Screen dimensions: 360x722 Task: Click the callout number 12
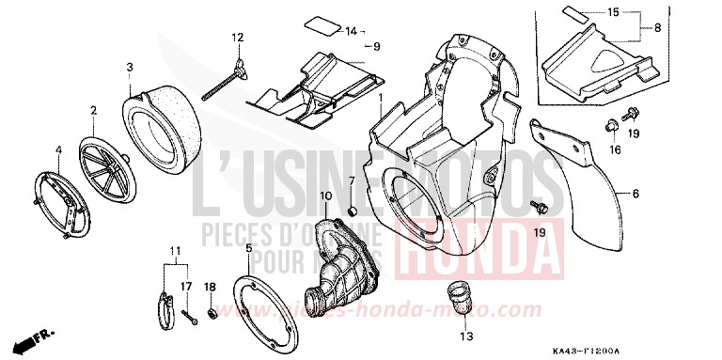coord(238,38)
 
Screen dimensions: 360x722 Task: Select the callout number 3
coord(130,67)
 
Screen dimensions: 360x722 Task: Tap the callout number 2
coord(94,111)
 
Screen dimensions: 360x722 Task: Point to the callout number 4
coord(58,149)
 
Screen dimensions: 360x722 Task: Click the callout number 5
coord(248,248)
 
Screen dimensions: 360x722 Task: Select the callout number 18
coord(211,286)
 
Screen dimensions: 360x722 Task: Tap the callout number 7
coord(352,180)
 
